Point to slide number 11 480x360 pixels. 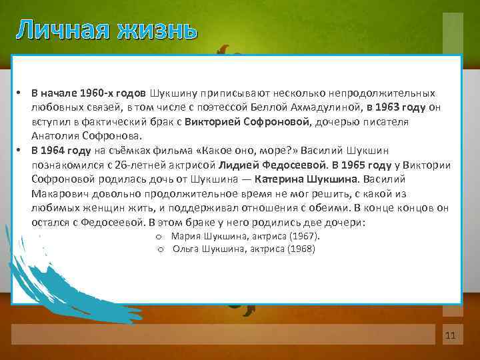pyautogui.click(x=449, y=335)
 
